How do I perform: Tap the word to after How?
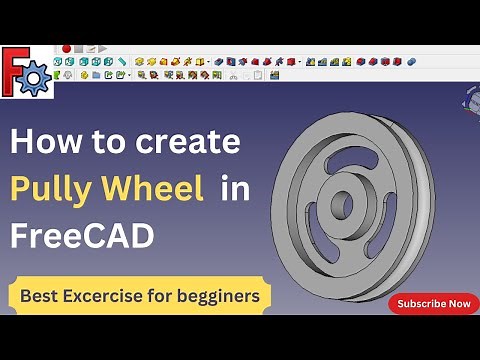pyautogui.click(x=99, y=143)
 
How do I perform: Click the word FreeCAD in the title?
pyautogui.click(x=82, y=236)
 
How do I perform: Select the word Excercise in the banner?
pyautogui.click(x=117, y=296)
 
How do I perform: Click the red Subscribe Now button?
pyautogui.click(x=433, y=304)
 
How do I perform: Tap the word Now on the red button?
pyautogui.click(x=460, y=304)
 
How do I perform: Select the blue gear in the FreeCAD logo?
pyautogui.click(x=36, y=77)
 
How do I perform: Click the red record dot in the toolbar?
pyautogui.click(x=66, y=48)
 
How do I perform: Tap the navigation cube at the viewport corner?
pyautogui.click(x=471, y=98)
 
